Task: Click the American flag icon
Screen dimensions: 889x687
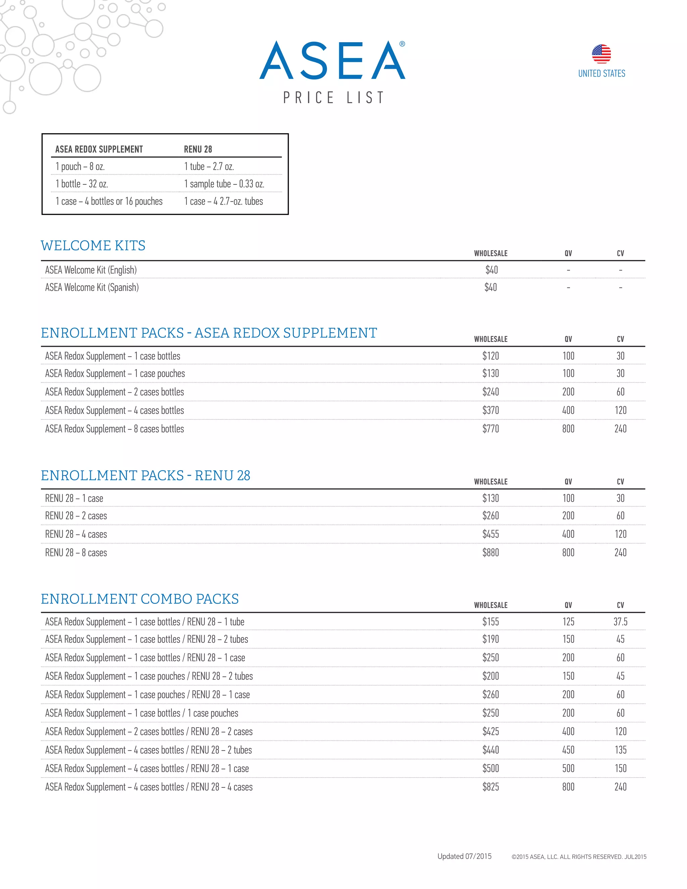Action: point(601,54)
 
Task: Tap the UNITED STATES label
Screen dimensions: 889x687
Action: point(601,74)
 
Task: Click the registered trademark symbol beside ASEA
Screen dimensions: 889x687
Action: point(402,44)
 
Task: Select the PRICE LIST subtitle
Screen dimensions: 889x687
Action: point(333,98)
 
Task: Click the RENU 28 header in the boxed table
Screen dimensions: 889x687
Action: point(198,149)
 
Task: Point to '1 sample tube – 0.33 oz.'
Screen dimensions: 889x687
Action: point(224,184)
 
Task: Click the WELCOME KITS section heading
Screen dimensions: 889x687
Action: point(93,246)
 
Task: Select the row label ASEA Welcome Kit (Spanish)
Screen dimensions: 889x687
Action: point(92,288)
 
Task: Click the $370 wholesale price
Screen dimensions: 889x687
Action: point(490,410)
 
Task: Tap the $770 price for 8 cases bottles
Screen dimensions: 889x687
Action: point(490,429)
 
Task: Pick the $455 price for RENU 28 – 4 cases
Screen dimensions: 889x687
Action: point(490,534)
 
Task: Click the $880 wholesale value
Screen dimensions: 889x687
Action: point(490,553)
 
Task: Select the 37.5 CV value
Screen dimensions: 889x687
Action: point(620,622)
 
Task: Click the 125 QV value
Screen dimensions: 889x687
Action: point(568,622)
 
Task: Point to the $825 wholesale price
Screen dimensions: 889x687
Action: point(490,787)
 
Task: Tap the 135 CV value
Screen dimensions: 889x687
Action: point(620,750)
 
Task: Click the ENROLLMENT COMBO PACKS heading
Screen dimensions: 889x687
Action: point(140,599)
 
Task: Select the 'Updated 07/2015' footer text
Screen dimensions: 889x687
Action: point(464,856)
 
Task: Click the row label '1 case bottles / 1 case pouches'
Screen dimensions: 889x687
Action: point(142,713)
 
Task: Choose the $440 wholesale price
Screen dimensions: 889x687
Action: point(490,750)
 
